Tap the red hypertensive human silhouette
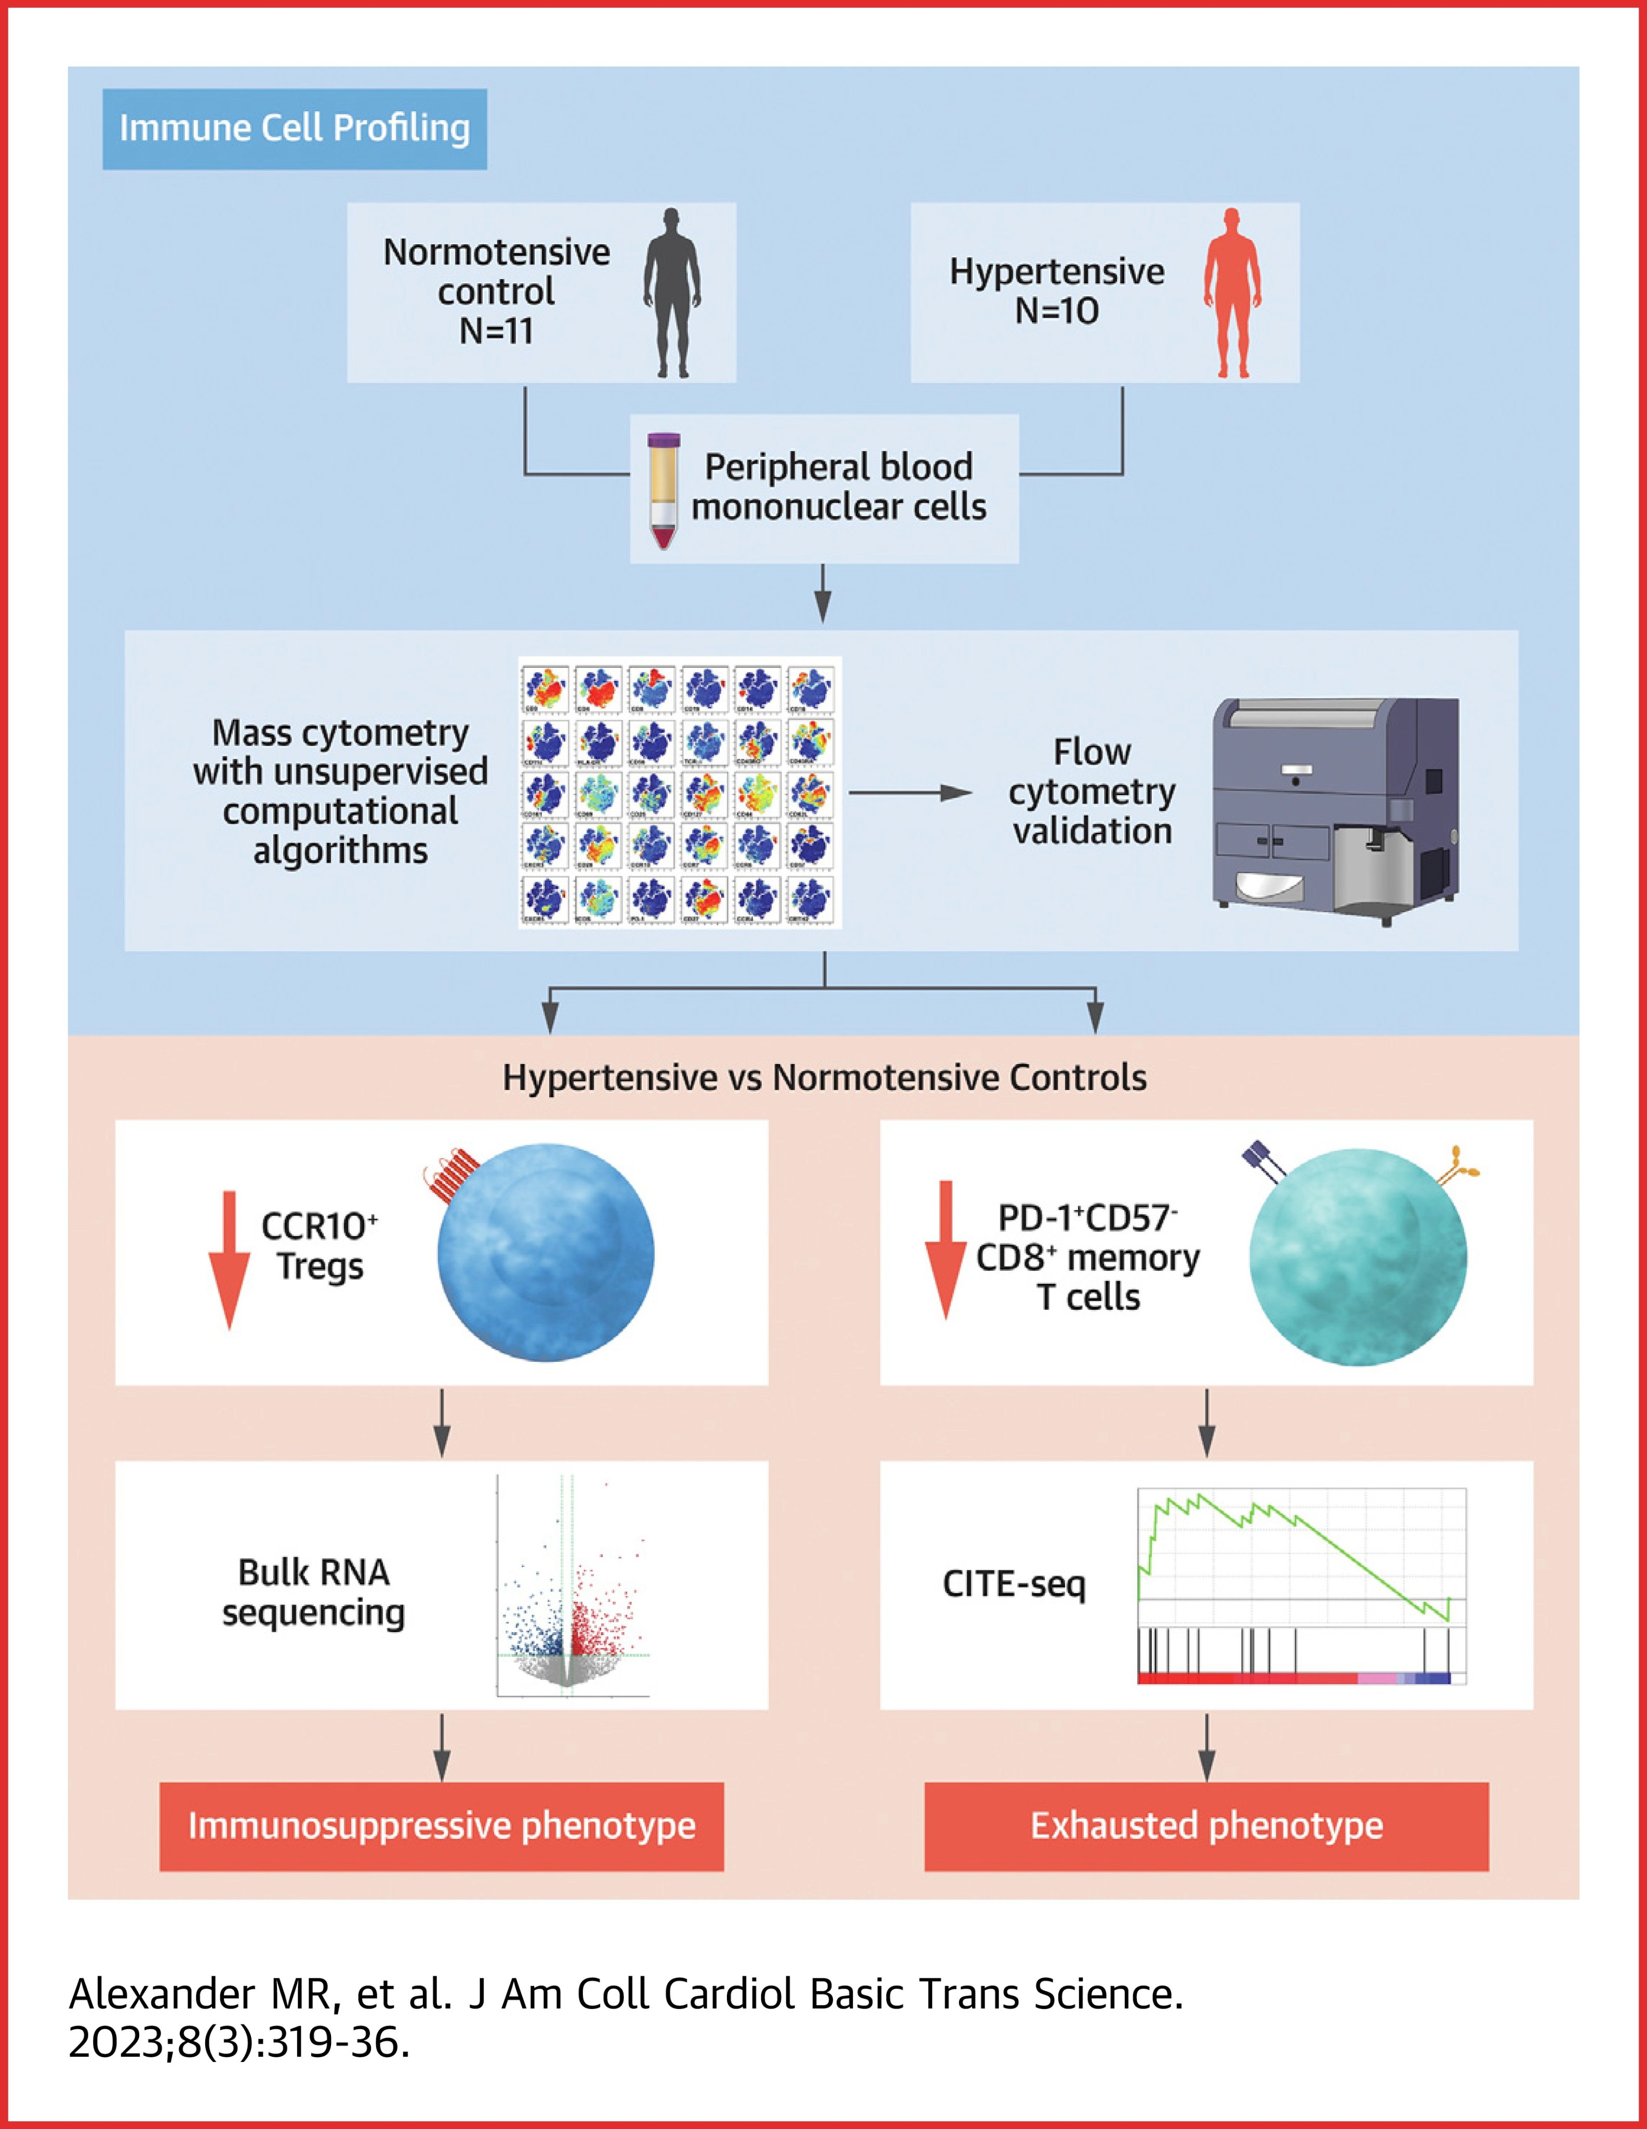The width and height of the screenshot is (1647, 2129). click(1233, 293)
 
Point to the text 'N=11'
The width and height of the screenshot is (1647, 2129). click(496, 332)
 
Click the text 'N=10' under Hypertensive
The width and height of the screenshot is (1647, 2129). click(1056, 311)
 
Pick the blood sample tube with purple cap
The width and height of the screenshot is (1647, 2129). click(663, 490)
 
